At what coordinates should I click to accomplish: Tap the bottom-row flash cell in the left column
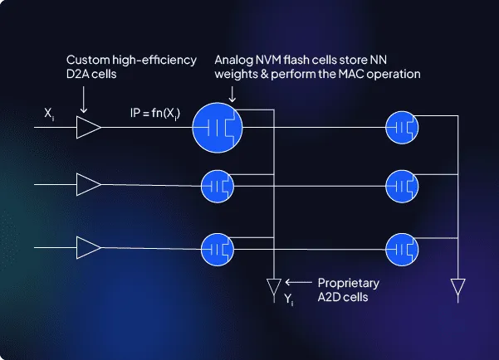tap(218, 246)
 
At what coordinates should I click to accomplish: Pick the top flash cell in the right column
tap(403, 128)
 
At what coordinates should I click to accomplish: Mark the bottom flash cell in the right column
tap(403, 246)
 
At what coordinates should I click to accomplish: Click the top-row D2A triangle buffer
tap(87, 129)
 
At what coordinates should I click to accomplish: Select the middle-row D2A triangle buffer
tap(87, 182)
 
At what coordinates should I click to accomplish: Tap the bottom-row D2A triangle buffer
tap(87, 246)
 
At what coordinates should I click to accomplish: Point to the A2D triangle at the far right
tap(457, 288)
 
